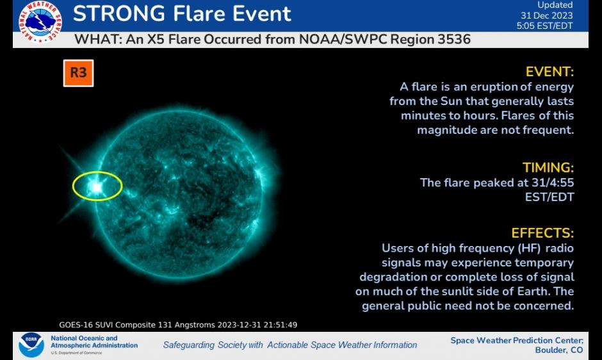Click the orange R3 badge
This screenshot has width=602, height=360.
[78, 73]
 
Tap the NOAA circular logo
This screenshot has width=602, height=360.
[31, 345]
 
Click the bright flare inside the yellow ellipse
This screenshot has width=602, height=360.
[96, 186]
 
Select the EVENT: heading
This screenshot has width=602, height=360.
[549, 72]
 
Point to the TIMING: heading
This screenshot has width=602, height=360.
[548, 168]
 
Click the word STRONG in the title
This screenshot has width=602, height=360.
[118, 13]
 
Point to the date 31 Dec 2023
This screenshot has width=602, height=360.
[546, 16]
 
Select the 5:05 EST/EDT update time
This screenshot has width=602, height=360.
[544, 26]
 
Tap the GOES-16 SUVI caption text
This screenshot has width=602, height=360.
[178, 325]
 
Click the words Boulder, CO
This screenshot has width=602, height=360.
[558, 350]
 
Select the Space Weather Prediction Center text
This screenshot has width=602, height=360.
[516, 340]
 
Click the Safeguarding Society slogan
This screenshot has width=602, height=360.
[289, 345]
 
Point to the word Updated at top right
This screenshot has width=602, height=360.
[555, 5]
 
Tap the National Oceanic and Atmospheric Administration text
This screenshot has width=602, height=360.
[94, 342]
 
